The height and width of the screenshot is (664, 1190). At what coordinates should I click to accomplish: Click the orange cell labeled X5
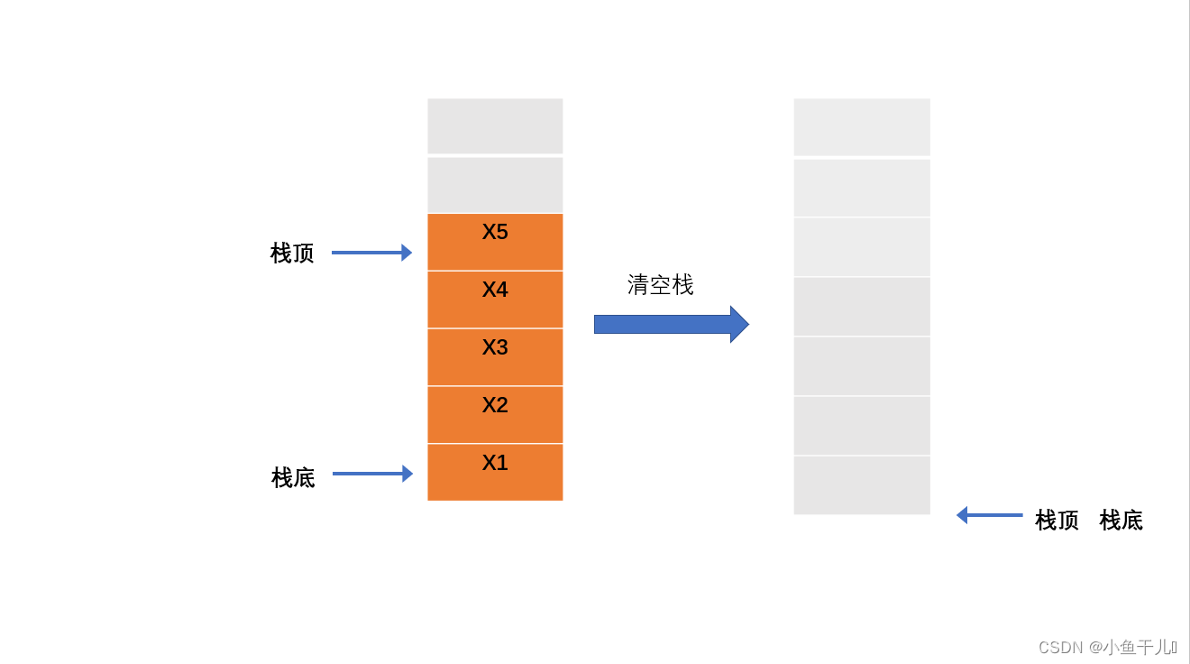(495, 242)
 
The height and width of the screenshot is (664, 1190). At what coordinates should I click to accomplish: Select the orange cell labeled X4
(495, 300)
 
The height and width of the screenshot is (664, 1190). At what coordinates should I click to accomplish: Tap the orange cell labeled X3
(495, 357)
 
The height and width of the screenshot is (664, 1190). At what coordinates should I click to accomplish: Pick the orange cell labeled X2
(495, 415)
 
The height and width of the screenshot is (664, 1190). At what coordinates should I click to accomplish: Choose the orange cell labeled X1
(495, 472)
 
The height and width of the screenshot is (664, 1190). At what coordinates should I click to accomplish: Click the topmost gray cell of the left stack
(495, 126)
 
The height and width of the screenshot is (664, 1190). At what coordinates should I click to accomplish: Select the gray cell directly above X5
(495, 185)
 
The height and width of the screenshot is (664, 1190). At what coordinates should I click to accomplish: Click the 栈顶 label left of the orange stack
(292, 254)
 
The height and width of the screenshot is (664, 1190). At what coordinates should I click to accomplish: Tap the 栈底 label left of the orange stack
(293, 477)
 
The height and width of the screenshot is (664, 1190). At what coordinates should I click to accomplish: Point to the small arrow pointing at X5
(371, 253)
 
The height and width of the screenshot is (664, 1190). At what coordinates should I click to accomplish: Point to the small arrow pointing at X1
(372, 474)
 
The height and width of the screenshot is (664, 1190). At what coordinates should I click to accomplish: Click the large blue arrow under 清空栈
(671, 324)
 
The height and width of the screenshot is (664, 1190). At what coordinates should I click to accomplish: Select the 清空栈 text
(661, 285)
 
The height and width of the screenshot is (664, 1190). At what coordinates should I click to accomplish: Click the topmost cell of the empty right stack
(862, 127)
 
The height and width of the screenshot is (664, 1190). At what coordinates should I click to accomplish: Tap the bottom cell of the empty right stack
(862, 485)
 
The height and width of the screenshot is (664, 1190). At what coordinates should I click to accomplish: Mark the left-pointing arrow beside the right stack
(989, 515)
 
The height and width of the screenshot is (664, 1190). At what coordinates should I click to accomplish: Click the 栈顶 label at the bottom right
(1057, 521)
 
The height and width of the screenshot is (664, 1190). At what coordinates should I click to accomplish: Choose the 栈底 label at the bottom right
(1121, 521)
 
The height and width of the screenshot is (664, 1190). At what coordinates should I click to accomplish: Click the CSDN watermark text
(1107, 647)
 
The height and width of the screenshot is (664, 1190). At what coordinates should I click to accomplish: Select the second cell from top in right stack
(862, 188)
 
